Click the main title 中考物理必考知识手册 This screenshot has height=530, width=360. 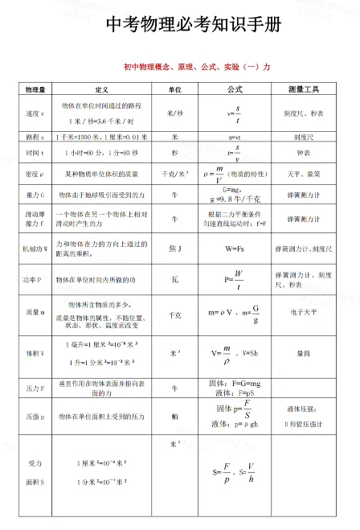(x=194, y=25)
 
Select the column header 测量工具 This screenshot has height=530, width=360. (x=303, y=88)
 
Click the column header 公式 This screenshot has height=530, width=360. (x=235, y=88)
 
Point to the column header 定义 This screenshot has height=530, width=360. (x=101, y=88)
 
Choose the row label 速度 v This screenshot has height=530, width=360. (x=35, y=113)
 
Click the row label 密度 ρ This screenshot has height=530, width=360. (x=35, y=173)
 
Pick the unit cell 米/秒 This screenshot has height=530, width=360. (x=174, y=113)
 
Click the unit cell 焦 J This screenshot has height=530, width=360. (x=174, y=249)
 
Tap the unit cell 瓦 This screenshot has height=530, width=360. (x=174, y=279)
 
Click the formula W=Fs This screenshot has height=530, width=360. (x=235, y=249)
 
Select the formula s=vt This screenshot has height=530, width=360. (x=235, y=138)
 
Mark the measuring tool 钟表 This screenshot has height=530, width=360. (x=303, y=152)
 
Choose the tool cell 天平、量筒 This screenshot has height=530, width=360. (x=303, y=173)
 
